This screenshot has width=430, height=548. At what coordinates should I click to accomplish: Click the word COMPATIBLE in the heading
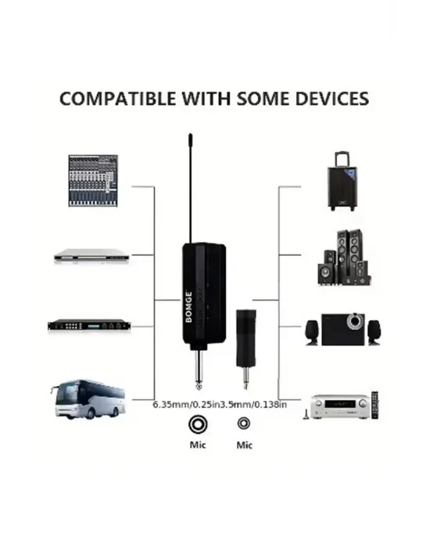(x=118, y=99)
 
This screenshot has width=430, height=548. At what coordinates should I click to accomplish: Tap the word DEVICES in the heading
(x=332, y=99)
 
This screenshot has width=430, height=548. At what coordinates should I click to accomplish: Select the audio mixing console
(x=93, y=181)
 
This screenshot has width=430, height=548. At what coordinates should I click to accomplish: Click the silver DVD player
(x=91, y=256)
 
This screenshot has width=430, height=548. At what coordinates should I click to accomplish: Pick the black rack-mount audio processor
(x=89, y=326)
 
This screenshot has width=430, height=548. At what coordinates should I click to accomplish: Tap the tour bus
(x=88, y=399)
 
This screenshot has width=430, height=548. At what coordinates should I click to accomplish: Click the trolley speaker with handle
(x=342, y=181)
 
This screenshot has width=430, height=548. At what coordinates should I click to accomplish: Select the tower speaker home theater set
(x=344, y=258)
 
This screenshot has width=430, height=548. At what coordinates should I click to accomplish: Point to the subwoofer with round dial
(x=342, y=330)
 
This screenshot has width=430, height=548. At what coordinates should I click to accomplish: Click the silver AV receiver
(x=339, y=406)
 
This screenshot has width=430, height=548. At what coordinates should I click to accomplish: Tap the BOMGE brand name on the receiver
(x=189, y=307)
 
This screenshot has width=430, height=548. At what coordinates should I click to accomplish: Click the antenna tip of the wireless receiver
(x=190, y=135)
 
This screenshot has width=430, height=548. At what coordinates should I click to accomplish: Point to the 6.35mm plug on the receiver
(x=199, y=370)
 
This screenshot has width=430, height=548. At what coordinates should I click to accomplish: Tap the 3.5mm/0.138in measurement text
(x=254, y=405)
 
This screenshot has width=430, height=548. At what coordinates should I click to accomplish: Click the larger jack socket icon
(x=198, y=424)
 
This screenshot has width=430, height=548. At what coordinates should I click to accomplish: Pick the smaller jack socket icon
(x=244, y=424)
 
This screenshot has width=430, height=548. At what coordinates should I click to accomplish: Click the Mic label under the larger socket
(x=198, y=445)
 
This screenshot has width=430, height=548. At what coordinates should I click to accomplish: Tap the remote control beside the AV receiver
(x=374, y=405)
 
